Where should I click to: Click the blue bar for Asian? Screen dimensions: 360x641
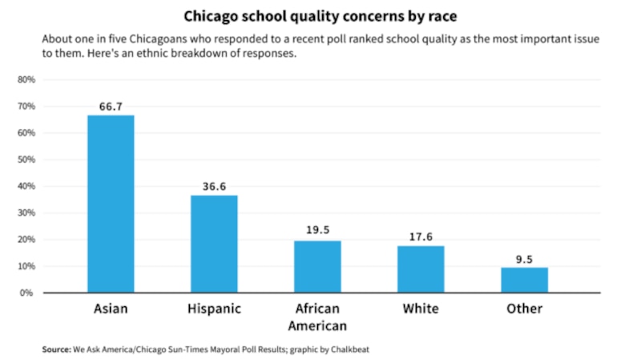111,204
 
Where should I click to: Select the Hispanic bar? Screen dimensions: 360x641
214,244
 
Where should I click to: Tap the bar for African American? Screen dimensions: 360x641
317,266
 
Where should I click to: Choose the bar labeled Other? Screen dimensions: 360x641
524,280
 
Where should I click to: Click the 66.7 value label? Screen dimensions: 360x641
111,106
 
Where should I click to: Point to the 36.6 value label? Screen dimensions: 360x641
214,186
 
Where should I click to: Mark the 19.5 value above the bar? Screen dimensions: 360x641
317,231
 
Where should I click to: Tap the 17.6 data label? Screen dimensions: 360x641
421,236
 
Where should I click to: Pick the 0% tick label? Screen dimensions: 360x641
28,293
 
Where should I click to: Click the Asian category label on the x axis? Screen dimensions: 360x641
111,309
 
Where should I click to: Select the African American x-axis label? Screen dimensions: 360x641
317,317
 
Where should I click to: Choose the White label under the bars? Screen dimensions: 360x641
421,309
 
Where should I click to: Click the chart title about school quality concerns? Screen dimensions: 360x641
320,17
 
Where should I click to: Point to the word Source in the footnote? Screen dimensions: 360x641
54,350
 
